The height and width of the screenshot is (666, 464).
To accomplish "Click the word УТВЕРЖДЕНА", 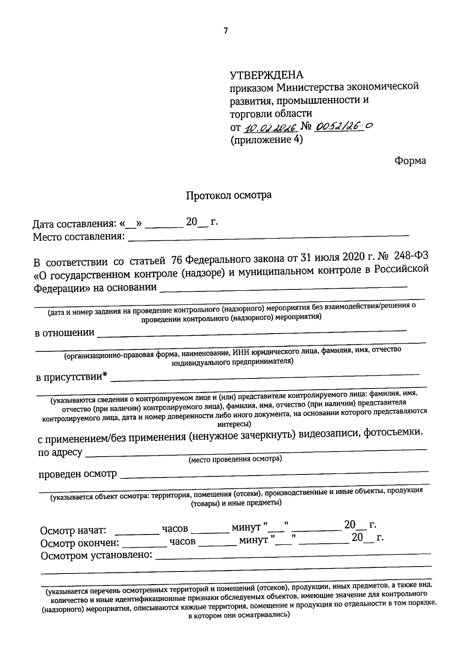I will [x=267, y=75].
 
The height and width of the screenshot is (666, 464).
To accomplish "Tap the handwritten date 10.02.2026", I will [x=270, y=127].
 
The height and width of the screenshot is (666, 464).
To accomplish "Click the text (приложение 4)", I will [x=267, y=140].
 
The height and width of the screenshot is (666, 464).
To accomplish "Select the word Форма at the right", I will [x=410, y=161].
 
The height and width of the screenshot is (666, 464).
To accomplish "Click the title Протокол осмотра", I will [x=229, y=195].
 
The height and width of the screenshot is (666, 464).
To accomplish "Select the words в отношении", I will [x=65, y=333].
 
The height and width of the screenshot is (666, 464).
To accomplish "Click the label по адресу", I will [x=60, y=452].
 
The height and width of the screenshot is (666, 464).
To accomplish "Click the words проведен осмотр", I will [x=77, y=474].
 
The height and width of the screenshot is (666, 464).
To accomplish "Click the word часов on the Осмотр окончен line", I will [x=183, y=541].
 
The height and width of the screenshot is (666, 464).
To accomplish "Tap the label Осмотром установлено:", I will [x=96, y=556].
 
